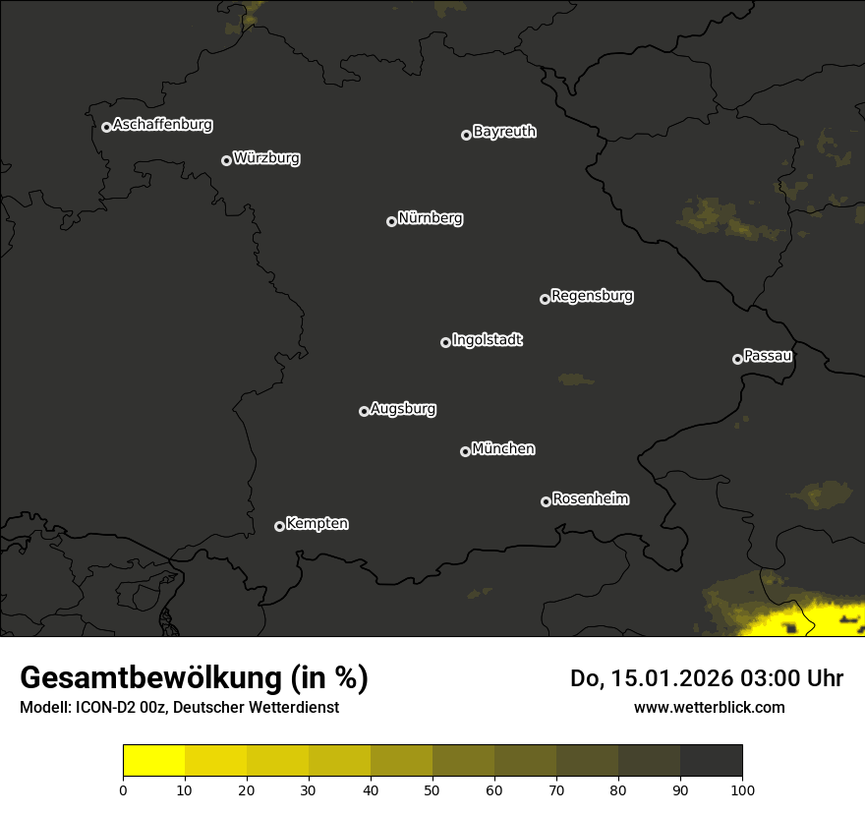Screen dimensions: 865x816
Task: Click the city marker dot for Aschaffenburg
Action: (x=106, y=127)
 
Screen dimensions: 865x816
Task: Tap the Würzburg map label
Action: (x=266, y=158)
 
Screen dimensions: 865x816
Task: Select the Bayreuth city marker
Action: (x=466, y=135)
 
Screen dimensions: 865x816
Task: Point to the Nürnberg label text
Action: (x=430, y=218)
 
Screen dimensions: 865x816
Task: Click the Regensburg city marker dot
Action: (x=545, y=299)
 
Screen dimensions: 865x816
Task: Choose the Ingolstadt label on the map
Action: (x=487, y=340)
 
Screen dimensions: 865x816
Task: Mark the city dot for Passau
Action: (x=737, y=359)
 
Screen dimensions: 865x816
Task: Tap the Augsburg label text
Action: (x=402, y=409)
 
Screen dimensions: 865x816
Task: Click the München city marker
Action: (x=465, y=451)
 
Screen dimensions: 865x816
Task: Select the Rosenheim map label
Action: (x=590, y=499)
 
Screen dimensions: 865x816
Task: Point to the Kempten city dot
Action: (x=279, y=526)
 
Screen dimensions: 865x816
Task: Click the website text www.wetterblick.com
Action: (x=709, y=707)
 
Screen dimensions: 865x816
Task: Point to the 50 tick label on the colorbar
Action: (x=432, y=788)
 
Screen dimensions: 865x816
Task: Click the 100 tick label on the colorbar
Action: (x=742, y=788)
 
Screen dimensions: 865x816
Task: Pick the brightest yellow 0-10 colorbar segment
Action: (x=153, y=761)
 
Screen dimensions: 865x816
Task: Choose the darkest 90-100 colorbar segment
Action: (x=711, y=761)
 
